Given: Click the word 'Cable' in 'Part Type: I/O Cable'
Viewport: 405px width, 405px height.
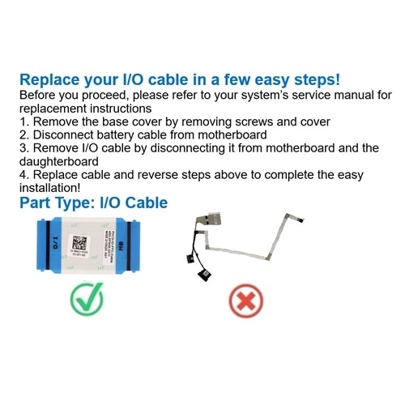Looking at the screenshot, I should coord(147,202).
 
